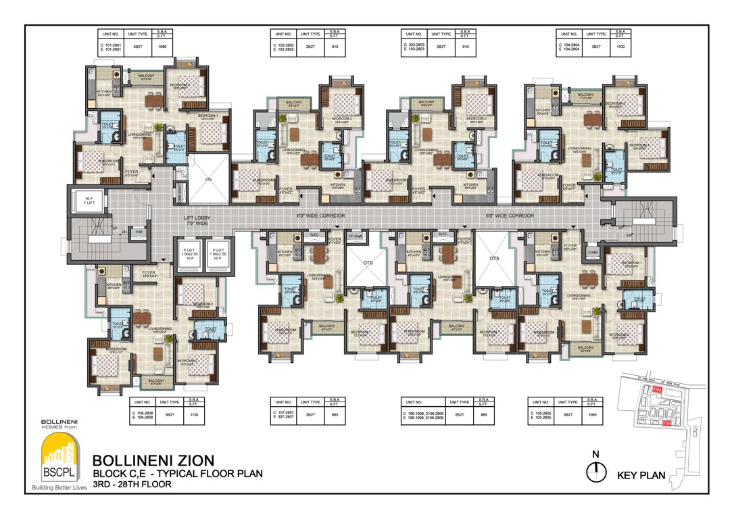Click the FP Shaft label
(354, 235)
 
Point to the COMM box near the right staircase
(592, 252)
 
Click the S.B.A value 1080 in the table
(162, 47)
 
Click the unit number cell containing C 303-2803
(414, 47)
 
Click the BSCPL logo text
(58, 470)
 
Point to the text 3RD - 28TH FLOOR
(132, 485)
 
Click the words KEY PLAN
(641, 476)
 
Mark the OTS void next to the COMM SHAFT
(207, 180)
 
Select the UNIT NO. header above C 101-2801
(111, 34)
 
